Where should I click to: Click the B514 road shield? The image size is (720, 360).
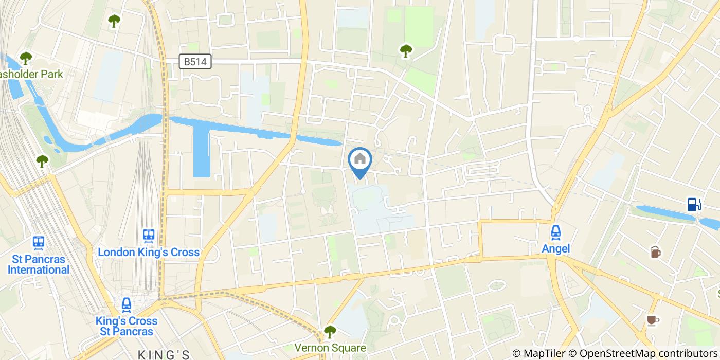[195, 62]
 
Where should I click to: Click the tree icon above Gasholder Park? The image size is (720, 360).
[26, 59]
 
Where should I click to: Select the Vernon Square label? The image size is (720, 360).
[330, 348]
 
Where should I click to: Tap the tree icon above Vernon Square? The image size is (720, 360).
[330, 332]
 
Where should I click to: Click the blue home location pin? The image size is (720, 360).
[360, 161]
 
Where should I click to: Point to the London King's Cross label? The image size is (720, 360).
[149, 252]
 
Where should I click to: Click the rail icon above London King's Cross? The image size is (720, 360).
[149, 236]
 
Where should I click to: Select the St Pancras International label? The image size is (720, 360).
[38, 264]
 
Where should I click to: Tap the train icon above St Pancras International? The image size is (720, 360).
[38, 242]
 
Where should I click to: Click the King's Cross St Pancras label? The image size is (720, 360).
[127, 326]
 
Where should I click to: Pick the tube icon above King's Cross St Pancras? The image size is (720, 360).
[127, 305]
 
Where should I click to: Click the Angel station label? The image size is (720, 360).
[556, 249]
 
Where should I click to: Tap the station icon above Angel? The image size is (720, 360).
[556, 233]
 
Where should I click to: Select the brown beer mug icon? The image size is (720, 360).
[655, 252]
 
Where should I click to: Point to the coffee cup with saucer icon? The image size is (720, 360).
[653, 320]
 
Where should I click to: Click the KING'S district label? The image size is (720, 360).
[164, 355]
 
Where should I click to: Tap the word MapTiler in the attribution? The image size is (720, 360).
[543, 353]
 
